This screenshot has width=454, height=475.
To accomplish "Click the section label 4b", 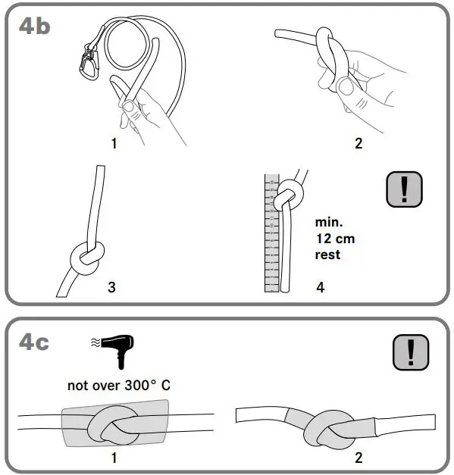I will pyautogui.click(x=34, y=26).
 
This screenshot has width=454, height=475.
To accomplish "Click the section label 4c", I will pyautogui.click(x=34, y=342).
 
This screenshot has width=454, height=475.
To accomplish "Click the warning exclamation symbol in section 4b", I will pyautogui.click(x=404, y=188).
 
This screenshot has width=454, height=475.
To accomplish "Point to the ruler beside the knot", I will pyautogui.click(x=271, y=235).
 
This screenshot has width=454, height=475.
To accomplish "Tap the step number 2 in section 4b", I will pyautogui.click(x=359, y=142).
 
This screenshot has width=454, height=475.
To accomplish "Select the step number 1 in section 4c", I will pyautogui.click(x=114, y=457).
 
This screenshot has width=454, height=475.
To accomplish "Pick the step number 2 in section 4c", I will pyautogui.click(x=359, y=457).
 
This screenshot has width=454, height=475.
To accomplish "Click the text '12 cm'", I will pyautogui.click(x=335, y=239).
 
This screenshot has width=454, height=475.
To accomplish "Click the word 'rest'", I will pyautogui.click(x=328, y=255).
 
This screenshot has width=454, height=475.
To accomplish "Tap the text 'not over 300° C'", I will pyautogui.click(x=119, y=385).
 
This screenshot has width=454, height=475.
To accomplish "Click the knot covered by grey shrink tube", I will pyautogui.click(x=113, y=424).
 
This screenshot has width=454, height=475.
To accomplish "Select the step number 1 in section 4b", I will pyautogui.click(x=114, y=142).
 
